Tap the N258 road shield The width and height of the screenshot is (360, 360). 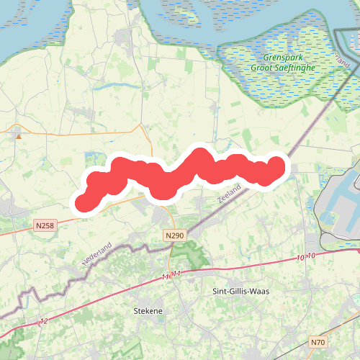44,226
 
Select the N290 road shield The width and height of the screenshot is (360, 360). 174,235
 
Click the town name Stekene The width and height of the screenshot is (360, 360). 148,311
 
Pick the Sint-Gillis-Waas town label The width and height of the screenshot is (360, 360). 240,291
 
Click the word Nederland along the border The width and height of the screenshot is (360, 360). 96,255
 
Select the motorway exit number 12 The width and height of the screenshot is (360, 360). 44,320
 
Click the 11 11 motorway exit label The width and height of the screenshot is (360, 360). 171,274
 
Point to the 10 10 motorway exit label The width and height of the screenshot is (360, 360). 306,256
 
